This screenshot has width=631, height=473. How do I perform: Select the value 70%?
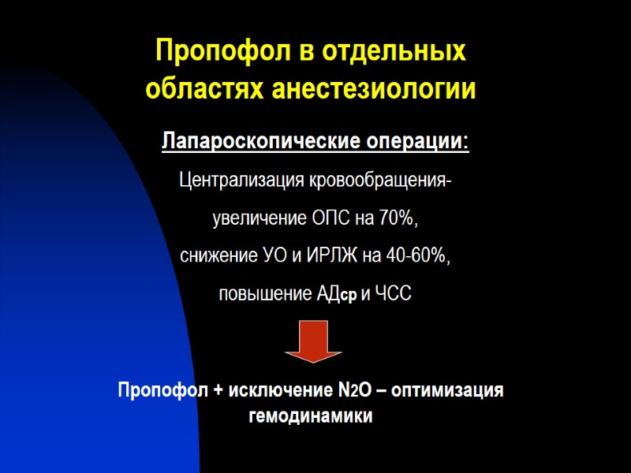(x=397, y=219)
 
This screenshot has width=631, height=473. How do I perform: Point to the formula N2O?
(x=353, y=391)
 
